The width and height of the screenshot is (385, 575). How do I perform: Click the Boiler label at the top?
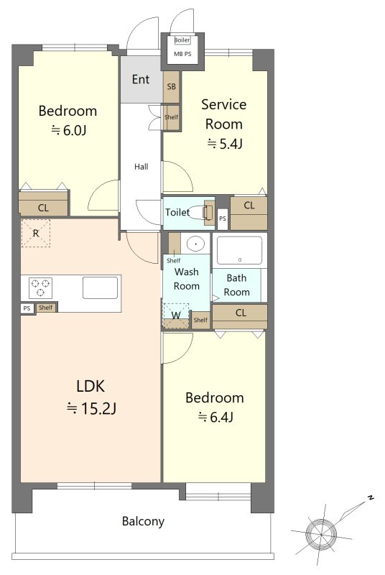(182, 40)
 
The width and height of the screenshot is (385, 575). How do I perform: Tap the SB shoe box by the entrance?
(172, 87)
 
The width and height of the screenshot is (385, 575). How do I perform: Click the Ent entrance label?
(141, 79)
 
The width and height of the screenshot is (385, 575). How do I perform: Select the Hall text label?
(141, 167)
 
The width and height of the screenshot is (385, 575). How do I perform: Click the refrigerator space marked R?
(35, 233)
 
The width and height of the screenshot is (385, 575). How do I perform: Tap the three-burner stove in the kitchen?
(40, 288)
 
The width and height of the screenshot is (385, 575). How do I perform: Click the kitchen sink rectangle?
(100, 288)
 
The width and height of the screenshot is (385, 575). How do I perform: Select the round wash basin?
(196, 243)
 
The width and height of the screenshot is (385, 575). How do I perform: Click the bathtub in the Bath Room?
(240, 250)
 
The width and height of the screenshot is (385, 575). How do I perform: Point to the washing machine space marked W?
(176, 316)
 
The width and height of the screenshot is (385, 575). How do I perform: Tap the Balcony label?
(143, 521)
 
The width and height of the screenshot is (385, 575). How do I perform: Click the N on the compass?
(371, 498)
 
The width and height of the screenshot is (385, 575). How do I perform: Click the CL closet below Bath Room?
(240, 316)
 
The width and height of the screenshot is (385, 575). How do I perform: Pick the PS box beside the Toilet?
(223, 218)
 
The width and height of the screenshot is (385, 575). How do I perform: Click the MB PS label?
(182, 54)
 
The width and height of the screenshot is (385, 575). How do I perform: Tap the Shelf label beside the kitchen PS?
(46, 308)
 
